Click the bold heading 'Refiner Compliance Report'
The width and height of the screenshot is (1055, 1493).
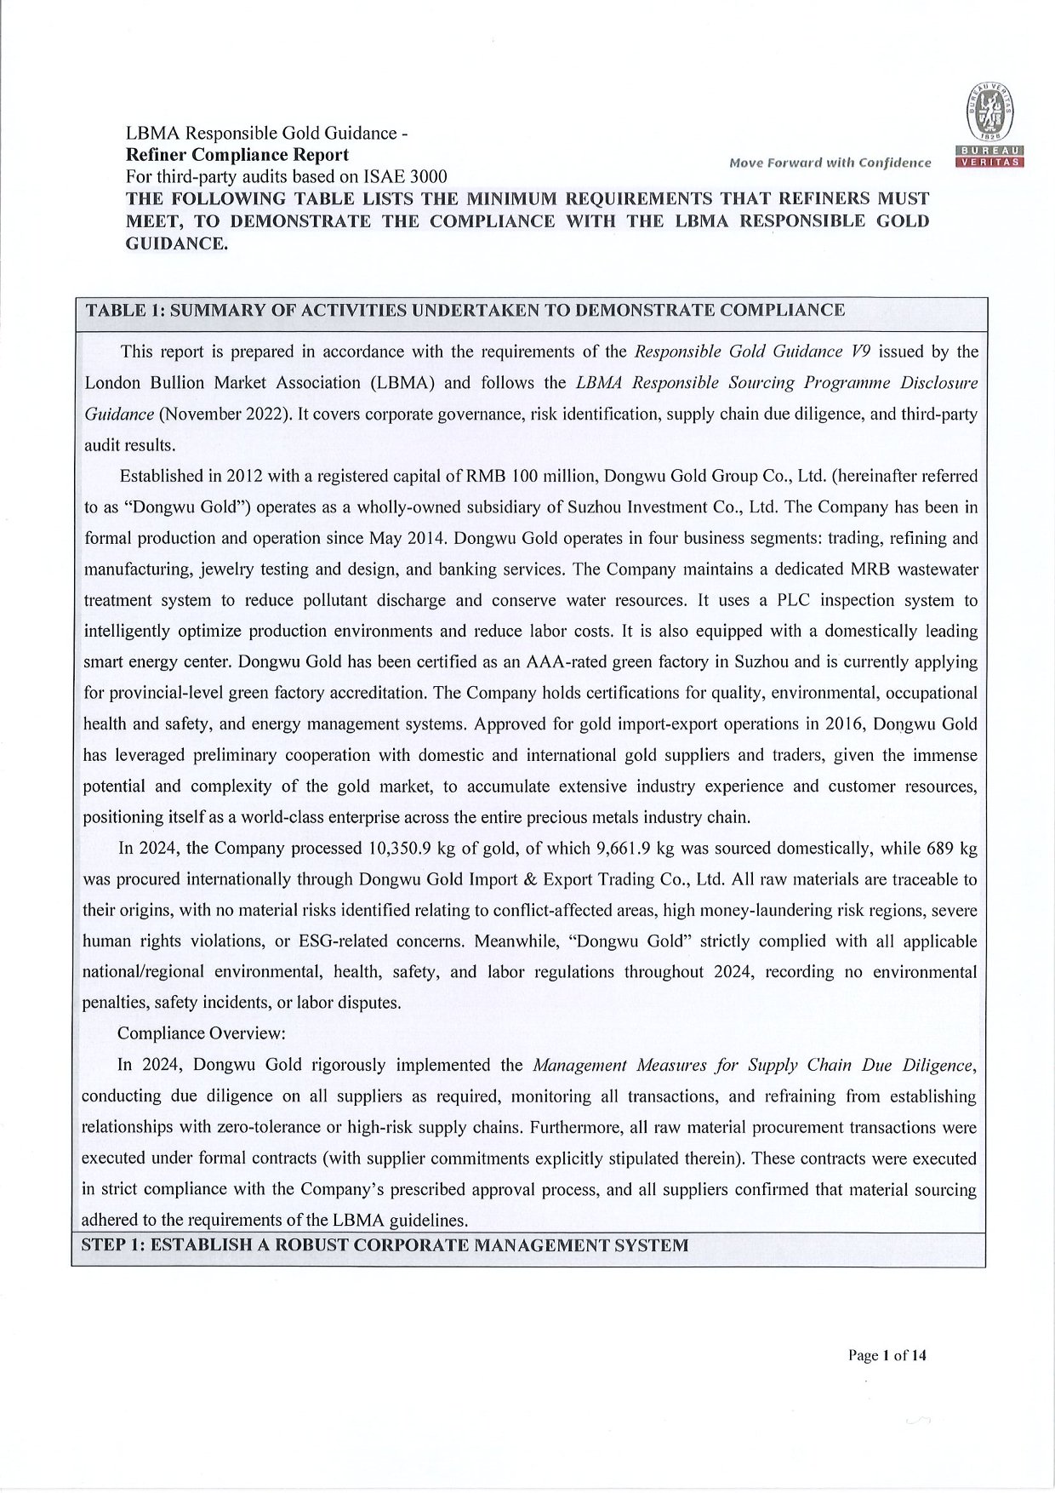(237, 155)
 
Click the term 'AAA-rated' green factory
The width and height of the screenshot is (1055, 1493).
(562, 661)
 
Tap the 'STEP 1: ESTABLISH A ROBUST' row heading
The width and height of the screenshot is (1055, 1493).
(385, 1245)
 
